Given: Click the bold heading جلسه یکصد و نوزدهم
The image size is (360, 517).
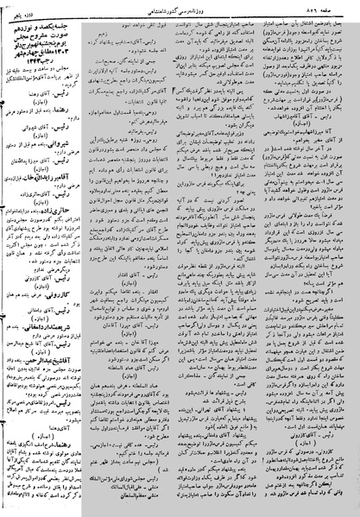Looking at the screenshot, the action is coord(51,21).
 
